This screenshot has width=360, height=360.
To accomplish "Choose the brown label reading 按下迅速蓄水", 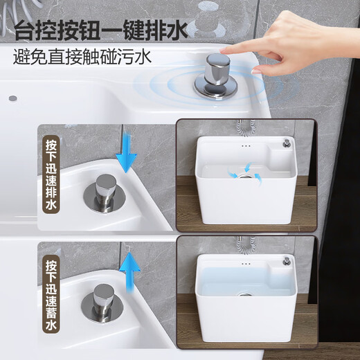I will (52, 296).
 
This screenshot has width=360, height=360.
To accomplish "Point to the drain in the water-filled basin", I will (245, 294).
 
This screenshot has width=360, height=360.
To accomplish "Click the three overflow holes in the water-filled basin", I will (244, 264).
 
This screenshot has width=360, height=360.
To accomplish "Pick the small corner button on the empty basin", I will (285, 143).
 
